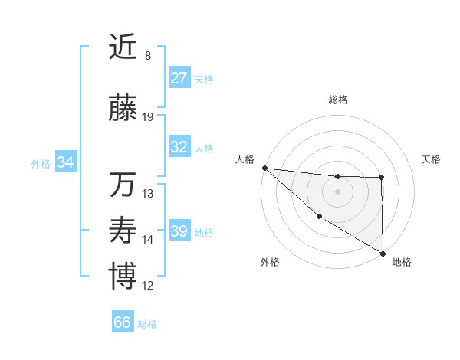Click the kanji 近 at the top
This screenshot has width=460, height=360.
tap(123, 47)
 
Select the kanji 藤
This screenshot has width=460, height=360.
tap(123, 110)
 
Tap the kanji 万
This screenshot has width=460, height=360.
tap(123, 185)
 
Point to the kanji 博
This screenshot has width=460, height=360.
tap(123, 277)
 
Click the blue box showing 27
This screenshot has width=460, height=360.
tap(179, 78)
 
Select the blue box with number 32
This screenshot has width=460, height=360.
tap(179, 147)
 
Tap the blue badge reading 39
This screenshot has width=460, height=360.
tap(179, 231)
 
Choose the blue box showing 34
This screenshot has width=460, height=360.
tap(66, 162)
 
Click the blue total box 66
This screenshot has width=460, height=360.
tap(123, 322)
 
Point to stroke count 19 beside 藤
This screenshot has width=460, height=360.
tap(148, 117)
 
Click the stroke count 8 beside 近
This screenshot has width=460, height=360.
tap(148, 56)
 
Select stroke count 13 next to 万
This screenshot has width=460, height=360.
tap(148, 193)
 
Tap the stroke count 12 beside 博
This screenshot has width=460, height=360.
tap(148, 286)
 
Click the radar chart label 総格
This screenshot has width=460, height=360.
tap(337, 100)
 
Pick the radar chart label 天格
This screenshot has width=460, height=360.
tap(432, 159)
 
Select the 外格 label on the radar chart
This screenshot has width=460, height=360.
tap(270, 262)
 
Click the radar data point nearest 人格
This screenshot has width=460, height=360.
tap(264, 168)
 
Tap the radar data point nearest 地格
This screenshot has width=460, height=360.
tap(383, 253)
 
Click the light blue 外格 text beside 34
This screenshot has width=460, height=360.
tap(41, 163)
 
